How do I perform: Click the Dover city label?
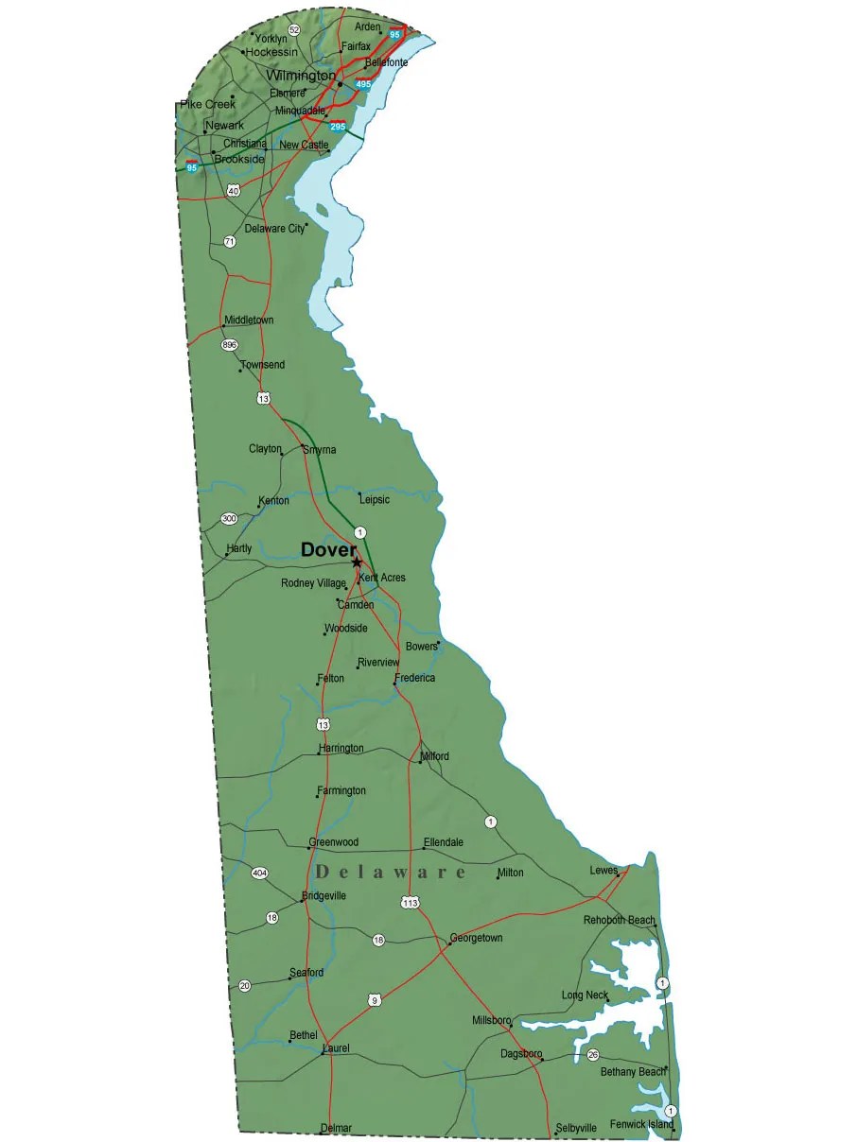[x=328, y=549]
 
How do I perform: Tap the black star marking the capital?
[x=357, y=562]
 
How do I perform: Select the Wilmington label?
[x=301, y=75]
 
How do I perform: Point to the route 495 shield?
[x=363, y=84]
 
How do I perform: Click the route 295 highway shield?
[x=338, y=126]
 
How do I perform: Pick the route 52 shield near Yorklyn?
[x=294, y=30]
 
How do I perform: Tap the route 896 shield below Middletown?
[x=229, y=345]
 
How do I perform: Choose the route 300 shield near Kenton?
[x=229, y=518]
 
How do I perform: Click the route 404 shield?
[x=259, y=872]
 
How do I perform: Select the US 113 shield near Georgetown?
[x=410, y=903]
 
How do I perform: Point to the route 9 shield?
[x=375, y=999]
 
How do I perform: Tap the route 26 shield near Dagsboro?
[x=593, y=1054]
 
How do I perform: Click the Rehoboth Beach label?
[x=619, y=920]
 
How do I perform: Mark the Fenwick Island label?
[x=641, y=1124]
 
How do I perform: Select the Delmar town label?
[x=336, y=1128]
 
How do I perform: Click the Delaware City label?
[x=274, y=229]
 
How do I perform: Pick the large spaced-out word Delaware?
[x=391, y=872]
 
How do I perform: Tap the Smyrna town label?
[x=319, y=450]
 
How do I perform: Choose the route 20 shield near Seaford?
[x=245, y=986]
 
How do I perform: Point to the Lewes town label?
[x=603, y=870]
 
